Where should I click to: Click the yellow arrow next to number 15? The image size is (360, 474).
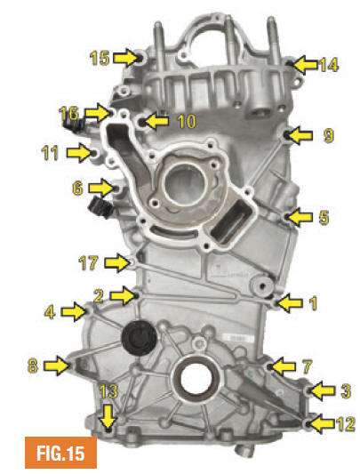click(125, 58)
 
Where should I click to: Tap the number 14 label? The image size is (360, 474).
click(329, 65)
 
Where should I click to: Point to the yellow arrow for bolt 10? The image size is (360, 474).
click(156, 121)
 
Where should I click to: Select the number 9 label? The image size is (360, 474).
click(329, 135)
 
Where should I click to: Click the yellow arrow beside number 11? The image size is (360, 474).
click(79, 153)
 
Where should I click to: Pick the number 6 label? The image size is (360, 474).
click(77, 188)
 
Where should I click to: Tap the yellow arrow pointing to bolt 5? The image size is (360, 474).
click(300, 217)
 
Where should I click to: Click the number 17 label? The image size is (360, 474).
click(88, 262)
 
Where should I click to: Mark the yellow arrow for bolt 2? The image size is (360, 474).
click(122, 294)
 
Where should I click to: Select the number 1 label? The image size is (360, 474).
click(314, 303)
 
